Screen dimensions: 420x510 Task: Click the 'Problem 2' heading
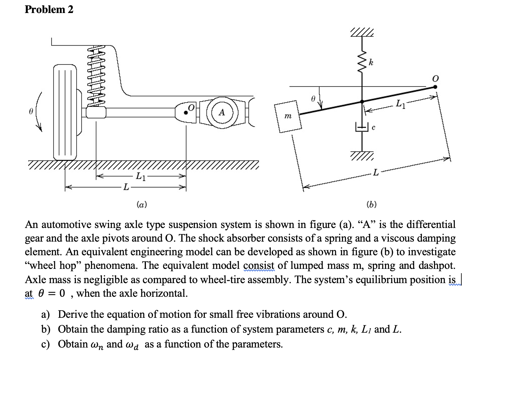click(x=49, y=9)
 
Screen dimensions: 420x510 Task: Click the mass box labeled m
click(x=288, y=116)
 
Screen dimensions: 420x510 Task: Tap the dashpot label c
click(x=373, y=127)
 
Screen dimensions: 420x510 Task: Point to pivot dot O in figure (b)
click(x=435, y=87)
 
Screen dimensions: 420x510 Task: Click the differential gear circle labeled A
click(x=222, y=112)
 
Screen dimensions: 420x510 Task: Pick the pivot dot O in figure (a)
click(x=186, y=113)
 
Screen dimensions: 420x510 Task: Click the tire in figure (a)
click(x=65, y=112)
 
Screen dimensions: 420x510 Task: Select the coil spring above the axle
click(x=96, y=76)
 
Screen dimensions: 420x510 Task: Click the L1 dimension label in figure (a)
click(x=141, y=176)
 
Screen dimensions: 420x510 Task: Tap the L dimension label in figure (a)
click(x=126, y=187)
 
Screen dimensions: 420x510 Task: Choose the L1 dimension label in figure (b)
click(x=400, y=104)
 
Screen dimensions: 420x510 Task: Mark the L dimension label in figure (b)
click(x=376, y=172)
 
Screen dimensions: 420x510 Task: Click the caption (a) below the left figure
click(x=142, y=204)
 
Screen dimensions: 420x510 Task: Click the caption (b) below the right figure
click(x=371, y=204)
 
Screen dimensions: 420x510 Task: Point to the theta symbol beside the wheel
click(x=31, y=111)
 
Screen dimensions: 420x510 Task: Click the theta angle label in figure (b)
click(x=313, y=99)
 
